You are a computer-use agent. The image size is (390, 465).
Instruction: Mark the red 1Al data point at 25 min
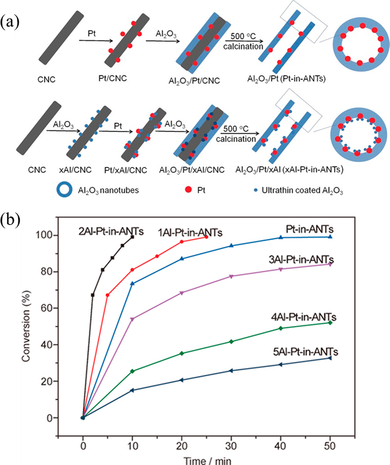(207, 237)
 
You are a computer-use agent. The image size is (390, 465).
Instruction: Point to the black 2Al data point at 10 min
(132, 237)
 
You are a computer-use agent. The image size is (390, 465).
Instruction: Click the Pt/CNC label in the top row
(116, 78)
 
